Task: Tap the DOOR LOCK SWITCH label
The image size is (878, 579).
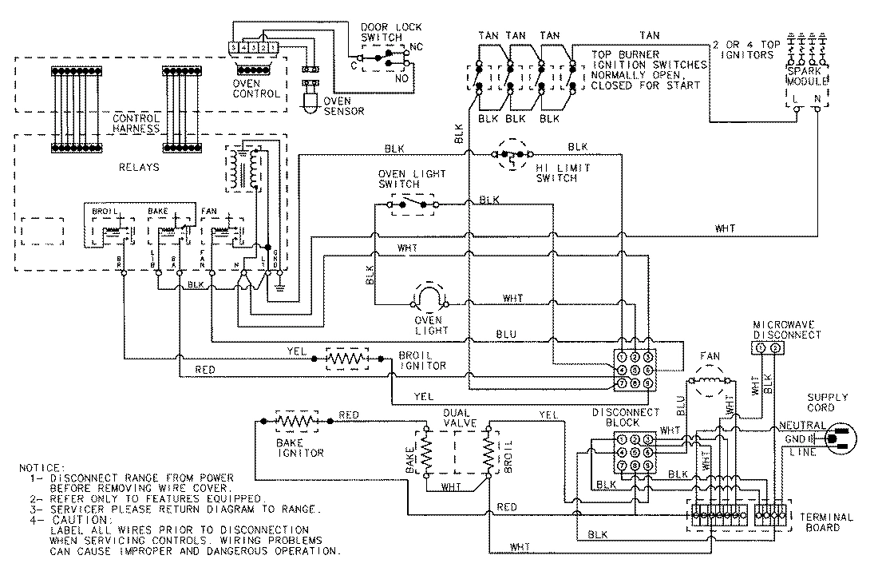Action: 382,31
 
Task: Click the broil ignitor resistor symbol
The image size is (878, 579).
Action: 346,360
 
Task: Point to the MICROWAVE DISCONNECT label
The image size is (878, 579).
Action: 785,330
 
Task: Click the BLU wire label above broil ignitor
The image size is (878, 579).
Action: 505,334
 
